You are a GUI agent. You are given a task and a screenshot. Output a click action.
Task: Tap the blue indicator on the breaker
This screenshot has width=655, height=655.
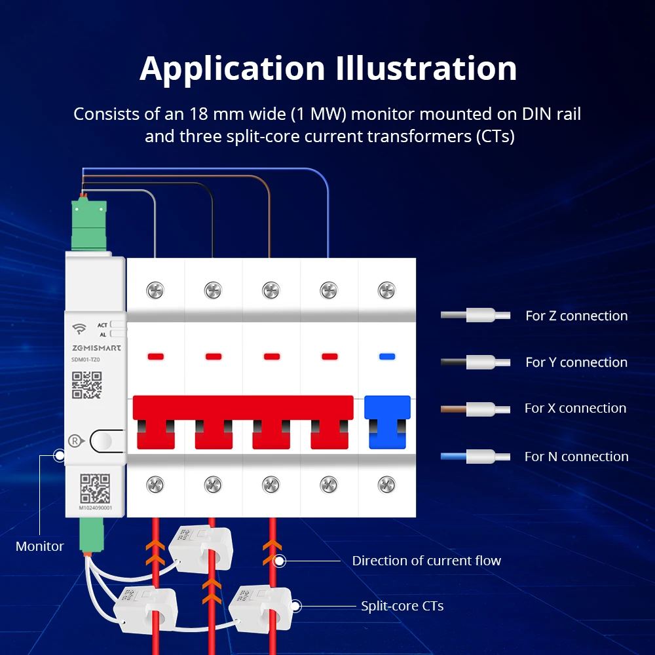click(x=387, y=357)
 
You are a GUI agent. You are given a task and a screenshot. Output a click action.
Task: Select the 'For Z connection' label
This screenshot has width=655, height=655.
click(x=576, y=316)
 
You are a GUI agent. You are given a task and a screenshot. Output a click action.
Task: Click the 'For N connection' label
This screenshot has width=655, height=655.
click(x=576, y=457)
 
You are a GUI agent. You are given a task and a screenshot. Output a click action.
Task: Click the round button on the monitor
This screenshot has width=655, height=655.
click(x=106, y=441)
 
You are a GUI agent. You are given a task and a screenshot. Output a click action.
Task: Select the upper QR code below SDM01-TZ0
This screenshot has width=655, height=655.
click(x=87, y=385)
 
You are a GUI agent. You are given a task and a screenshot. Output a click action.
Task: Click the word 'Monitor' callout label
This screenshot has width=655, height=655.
click(x=40, y=546)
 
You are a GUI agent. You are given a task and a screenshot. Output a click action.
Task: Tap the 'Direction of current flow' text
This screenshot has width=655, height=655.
click(x=426, y=561)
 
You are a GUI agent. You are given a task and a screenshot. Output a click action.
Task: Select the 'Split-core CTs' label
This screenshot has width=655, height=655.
click(x=402, y=606)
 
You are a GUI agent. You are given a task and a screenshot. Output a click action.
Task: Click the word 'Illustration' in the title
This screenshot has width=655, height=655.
click(x=426, y=69)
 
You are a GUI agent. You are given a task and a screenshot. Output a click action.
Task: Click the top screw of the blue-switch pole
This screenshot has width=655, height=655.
click(x=387, y=289)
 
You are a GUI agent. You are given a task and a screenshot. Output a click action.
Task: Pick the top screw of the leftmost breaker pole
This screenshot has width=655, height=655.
click(x=156, y=289)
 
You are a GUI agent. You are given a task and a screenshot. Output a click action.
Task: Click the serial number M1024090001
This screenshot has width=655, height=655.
click(x=96, y=508)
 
